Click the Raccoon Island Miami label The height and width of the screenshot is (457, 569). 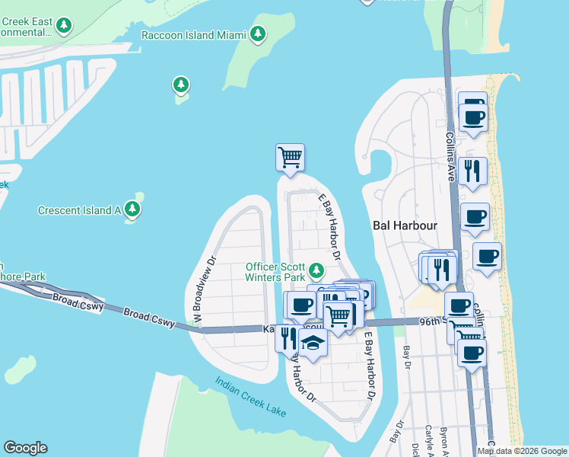pyautogui.click(x=194, y=35)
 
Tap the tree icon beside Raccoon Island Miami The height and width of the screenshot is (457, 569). pyautogui.click(x=259, y=34)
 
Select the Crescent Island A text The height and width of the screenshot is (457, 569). pyautogui.click(x=80, y=209)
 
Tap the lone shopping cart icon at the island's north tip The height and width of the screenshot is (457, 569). pyautogui.click(x=290, y=158)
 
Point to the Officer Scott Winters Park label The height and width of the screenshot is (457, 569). pyautogui.click(x=275, y=272)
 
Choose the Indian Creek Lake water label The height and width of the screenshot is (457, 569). pyautogui.click(x=250, y=396)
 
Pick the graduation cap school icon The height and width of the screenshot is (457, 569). pyautogui.click(x=312, y=343)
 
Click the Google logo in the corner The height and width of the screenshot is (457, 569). pyautogui.click(x=25, y=448)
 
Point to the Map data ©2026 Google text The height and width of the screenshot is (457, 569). pyautogui.click(x=522, y=451)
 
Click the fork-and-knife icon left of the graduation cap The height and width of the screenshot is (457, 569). pyautogui.click(x=288, y=337)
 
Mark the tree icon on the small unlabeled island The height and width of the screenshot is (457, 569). pyautogui.click(x=180, y=85)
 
